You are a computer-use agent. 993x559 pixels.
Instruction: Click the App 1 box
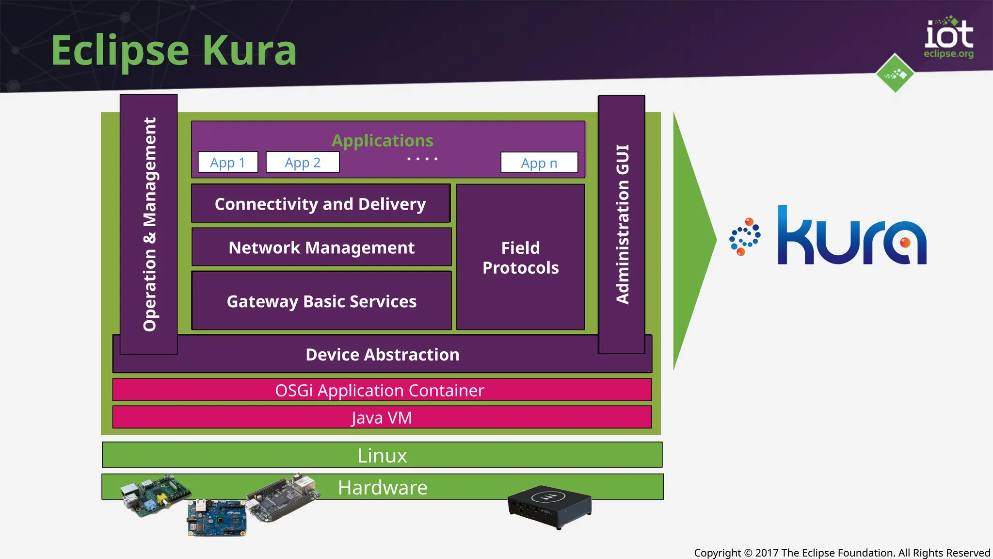click(x=228, y=163)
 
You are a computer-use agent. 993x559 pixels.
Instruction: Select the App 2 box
click(x=303, y=163)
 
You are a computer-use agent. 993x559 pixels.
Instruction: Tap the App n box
click(x=539, y=163)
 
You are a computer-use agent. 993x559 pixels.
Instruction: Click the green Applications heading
click(x=382, y=140)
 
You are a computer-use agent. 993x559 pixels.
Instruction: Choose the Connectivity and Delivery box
click(x=320, y=204)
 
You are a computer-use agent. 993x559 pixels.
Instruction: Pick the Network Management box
click(x=321, y=247)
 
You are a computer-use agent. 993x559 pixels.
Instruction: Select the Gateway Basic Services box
click(x=321, y=301)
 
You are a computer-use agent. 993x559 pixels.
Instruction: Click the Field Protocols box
click(x=520, y=258)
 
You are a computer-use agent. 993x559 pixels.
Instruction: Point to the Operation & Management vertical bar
click(x=149, y=224)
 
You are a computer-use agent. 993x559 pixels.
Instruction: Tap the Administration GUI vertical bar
click(x=622, y=224)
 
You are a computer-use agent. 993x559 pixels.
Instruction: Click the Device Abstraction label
click(x=382, y=355)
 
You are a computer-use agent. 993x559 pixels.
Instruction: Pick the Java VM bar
click(x=382, y=417)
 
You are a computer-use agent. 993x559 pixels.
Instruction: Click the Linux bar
click(x=382, y=455)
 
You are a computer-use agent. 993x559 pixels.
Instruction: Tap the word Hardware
click(x=383, y=487)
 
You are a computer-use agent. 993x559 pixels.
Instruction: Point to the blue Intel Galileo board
click(x=217, y=518)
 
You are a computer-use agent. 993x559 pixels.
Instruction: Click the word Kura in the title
click(x=249, y=50)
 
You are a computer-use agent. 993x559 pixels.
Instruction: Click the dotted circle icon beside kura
click(x=745, y=237)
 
